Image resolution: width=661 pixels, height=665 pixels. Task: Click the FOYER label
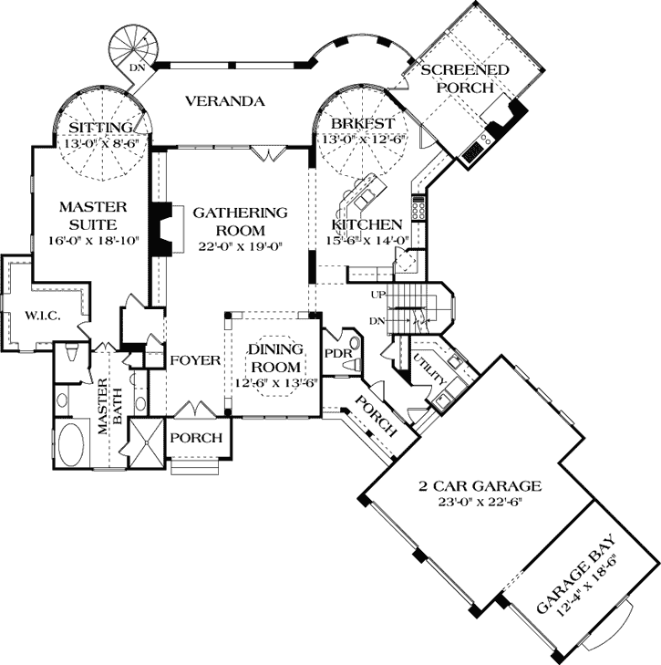195,360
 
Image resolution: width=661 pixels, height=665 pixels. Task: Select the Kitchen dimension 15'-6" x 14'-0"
367,241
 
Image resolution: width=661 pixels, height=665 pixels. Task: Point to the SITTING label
95,126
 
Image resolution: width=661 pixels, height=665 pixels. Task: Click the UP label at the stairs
377,295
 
